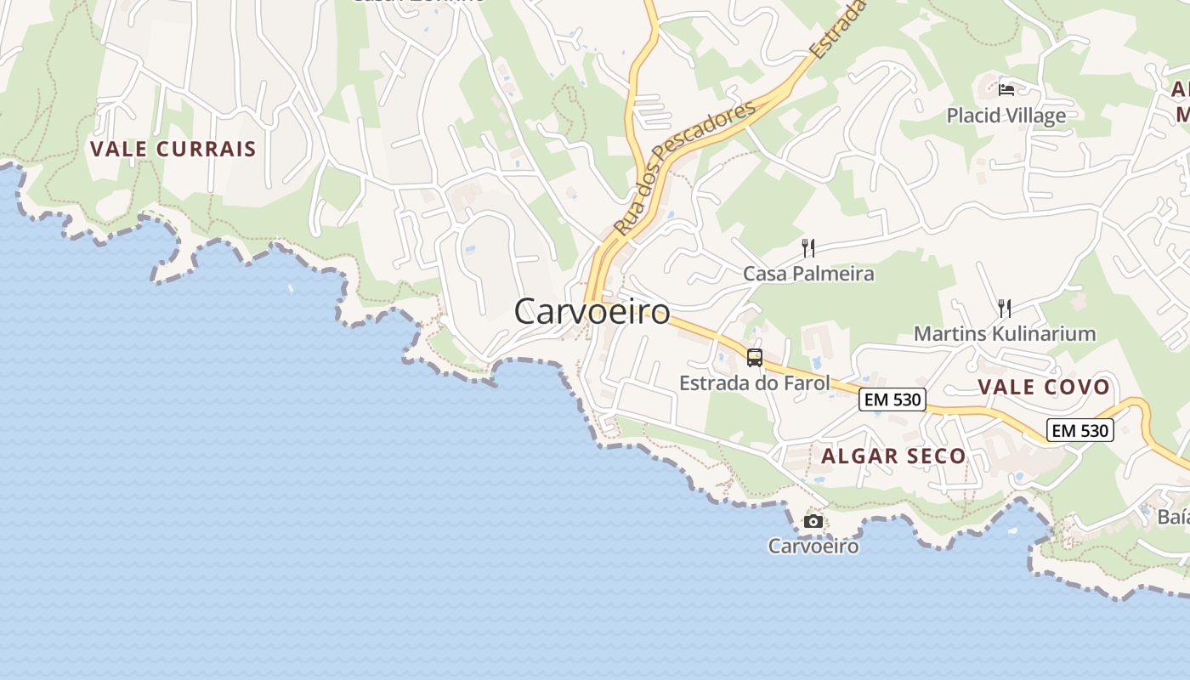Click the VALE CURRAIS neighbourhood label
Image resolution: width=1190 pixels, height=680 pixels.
click(x=173, y=149)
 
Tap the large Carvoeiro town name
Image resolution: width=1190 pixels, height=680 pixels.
click(x=592, y=312)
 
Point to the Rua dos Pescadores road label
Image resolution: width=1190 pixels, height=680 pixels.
click(x=684, y=168)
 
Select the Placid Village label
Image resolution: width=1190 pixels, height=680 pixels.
click(x=1006, y=116)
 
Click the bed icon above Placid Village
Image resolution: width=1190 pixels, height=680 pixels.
click(x=1006, y=89)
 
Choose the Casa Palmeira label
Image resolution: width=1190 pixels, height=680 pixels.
click(x=808, y=274)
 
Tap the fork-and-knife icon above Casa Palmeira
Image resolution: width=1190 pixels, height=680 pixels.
click(x=808, y=248)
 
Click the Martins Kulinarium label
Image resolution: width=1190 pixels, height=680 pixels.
click(x=1005, y=333)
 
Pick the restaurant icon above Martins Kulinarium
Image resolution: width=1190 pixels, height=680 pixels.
click(x=1004, y=308)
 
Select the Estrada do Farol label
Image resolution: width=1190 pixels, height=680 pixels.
click(x=754, y=383)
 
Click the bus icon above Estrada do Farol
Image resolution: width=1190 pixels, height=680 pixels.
click(x=755, y=358)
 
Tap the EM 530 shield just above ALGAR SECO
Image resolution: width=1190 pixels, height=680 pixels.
click(x=892, y=399)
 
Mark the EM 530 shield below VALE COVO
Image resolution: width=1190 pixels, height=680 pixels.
click(x=1079, y=430)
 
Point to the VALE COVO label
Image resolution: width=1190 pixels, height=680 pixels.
click(x=1044, y=388)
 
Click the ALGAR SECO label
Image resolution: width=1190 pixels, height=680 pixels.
click(x=893, y=456)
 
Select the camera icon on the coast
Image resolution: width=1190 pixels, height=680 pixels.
click(x=813, y=521)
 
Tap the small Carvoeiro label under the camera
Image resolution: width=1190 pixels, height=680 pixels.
click(x=813, y=546)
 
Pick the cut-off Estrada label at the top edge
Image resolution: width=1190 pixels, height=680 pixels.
click(x=836, y=31)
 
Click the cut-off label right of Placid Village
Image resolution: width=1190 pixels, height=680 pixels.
click(x=1180, y=101)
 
